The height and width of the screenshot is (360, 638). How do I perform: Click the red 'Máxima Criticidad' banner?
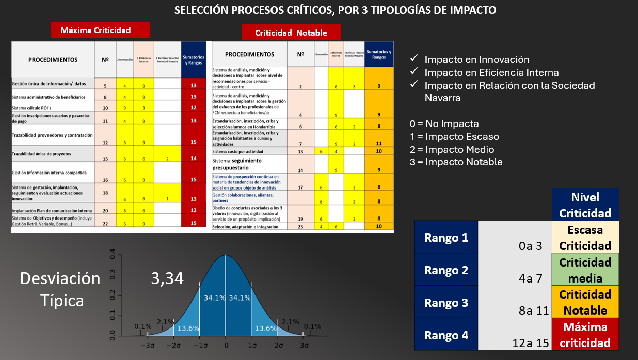(100, 30)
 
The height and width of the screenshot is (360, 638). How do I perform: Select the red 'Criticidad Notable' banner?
(291, 33)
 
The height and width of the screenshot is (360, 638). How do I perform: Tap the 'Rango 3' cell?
(446, 303)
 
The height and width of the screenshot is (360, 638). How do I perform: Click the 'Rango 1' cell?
(446, 238)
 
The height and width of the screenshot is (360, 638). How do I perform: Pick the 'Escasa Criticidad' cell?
(585, 238)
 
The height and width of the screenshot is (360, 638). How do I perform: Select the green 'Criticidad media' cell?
(585, 270)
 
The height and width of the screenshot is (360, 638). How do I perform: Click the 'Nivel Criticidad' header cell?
(585, 205)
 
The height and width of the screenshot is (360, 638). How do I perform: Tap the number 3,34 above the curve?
(167, 278)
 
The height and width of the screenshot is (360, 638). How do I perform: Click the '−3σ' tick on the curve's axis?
(148, 345)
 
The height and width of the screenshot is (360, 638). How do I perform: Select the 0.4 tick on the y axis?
(112, 255)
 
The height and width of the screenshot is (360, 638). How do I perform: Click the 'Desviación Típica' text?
(60, 289)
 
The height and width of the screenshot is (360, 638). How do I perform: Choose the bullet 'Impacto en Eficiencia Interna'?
(491, 72)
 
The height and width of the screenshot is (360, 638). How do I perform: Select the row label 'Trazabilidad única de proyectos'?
(41, 154)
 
